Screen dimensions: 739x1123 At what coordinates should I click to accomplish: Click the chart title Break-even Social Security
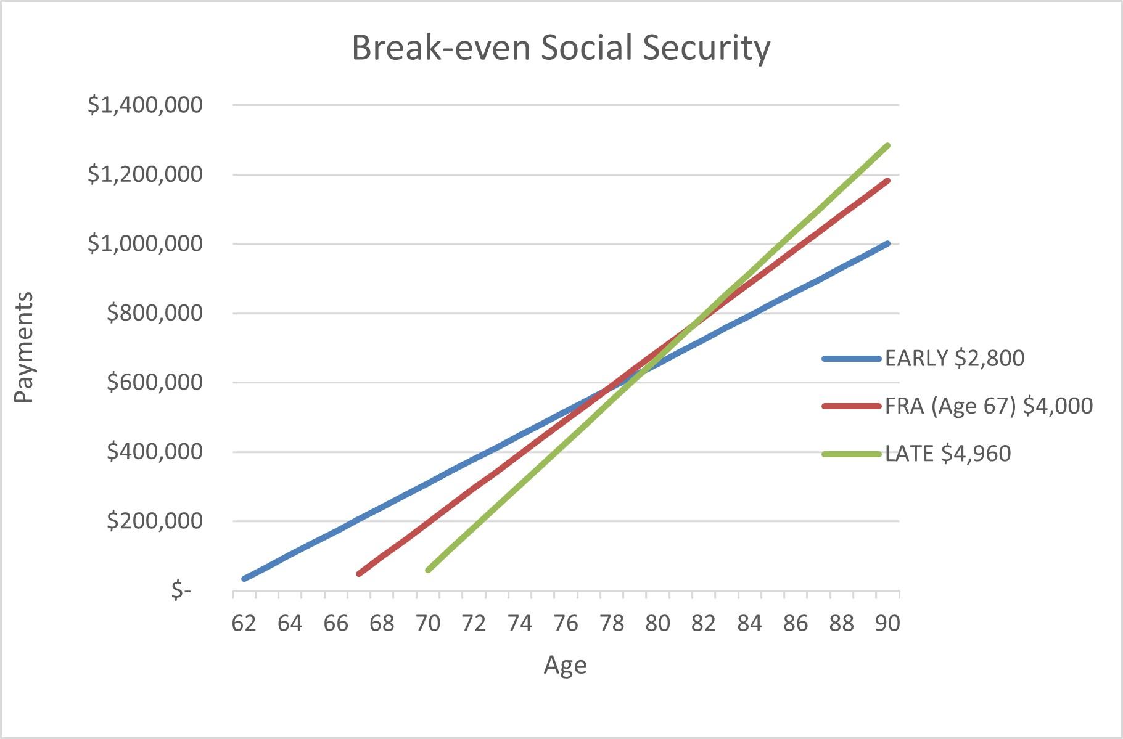tap(561, 48)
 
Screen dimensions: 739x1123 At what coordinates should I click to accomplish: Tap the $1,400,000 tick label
tap(145, 105)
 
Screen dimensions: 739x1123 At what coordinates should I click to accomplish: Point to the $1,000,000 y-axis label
tap(145, 243)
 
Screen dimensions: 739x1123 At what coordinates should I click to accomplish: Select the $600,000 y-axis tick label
tap(154, 382)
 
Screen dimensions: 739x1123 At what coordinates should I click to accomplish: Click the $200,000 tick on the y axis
tap(154, 521)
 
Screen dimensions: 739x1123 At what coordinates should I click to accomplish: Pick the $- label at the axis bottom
tap(181, 590)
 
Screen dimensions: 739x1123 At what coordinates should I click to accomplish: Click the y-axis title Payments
tap(23, 347)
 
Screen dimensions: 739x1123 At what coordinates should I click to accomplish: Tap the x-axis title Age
tap(565, 665)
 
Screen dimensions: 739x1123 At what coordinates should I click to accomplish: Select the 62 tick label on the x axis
tap(244, 623)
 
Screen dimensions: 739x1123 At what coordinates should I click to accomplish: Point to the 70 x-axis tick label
tap(427, 623)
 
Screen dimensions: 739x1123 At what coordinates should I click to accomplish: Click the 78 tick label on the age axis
tap(611, 623)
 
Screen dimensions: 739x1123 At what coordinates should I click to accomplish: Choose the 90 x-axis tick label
tap(887, 623)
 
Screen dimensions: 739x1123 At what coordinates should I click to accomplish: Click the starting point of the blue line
tap(245, 578)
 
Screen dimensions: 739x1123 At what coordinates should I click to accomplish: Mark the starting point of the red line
tap(359, 574)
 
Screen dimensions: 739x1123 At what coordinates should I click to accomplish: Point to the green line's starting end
tap(428, 570)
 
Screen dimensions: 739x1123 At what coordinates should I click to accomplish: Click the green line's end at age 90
tap(887, 145)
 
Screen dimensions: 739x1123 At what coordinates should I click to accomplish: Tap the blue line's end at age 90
tap(887, 243)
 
